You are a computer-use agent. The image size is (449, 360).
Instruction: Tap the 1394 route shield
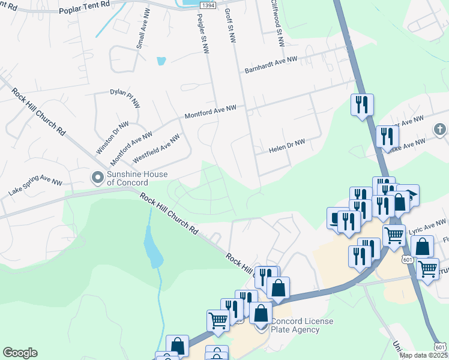(x=207, y=5)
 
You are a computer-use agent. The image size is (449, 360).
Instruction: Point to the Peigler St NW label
(x=201, y=33)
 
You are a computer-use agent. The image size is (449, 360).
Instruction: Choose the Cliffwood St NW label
(x=276, y=24)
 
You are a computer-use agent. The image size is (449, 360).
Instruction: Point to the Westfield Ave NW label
(x=156, y=148)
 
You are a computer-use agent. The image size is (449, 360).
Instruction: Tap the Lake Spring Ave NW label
(x=35, y=187)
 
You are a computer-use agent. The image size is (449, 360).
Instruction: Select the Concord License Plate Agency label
(x=303, y=325)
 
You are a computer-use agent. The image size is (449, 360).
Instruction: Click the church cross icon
(x=440, y=129)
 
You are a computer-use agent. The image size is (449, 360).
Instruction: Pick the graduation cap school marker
(x=408, y=194)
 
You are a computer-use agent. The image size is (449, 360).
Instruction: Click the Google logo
(x=20, y=353)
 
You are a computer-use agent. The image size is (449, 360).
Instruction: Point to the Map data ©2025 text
(x=423, y=355)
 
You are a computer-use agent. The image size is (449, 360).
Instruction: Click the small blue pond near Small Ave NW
(x=161, y=61)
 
